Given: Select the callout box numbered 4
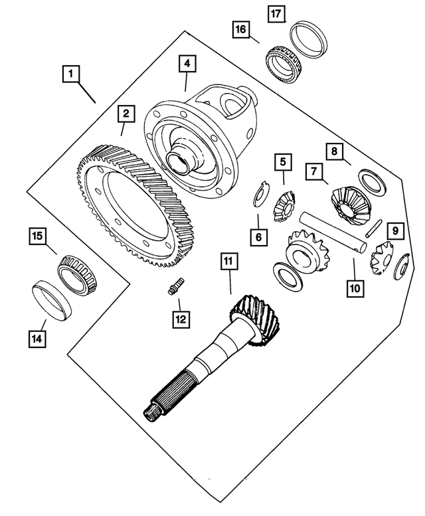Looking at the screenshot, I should pyautogui.click(x=187, y=64).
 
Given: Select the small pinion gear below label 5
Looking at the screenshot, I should pyautogui.click(x=285, y=205).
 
